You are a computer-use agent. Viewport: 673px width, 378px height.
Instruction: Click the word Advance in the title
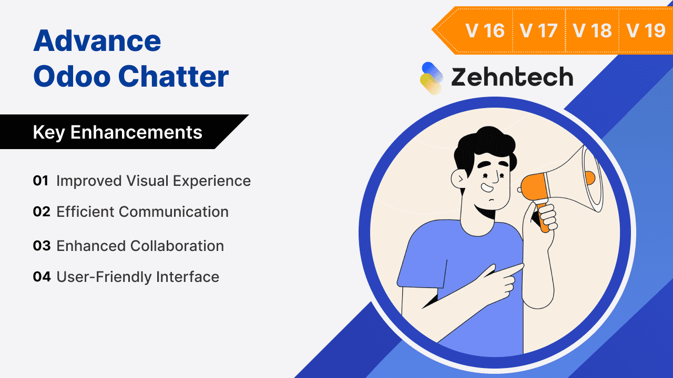(x=97, y=41)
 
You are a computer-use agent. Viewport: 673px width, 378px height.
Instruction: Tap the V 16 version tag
(x=485, y=30)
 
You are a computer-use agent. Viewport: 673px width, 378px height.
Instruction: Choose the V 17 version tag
(x=538, y=30)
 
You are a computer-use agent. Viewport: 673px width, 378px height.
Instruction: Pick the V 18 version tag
(x=593, y=30)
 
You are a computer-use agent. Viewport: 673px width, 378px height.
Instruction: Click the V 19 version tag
(x=646, y=30)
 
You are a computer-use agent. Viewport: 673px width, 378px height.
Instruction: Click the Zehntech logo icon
(x=432, y=78)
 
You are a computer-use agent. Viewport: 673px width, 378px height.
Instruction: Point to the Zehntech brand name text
(x=512, y=78)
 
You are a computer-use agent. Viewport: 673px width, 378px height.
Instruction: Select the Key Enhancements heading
(x=117, y=132)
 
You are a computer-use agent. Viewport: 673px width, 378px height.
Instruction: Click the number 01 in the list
(x=40, y=181)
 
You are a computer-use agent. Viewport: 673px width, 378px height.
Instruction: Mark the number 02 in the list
(x=41, y=212)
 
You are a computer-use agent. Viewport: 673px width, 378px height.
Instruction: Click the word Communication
(x=174, y=212)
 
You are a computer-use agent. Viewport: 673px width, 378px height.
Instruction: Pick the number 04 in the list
(x=41, y=277)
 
